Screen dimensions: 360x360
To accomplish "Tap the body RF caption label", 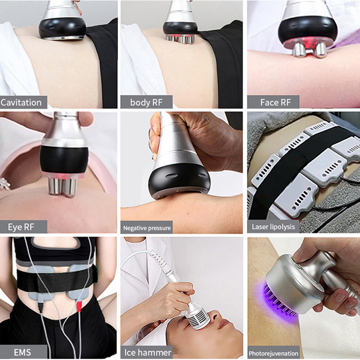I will [146, 102].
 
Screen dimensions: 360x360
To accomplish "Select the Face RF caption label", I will [275, 102].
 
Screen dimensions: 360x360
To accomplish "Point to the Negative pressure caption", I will [147, 228].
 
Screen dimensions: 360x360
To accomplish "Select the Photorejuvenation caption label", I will [274, 353].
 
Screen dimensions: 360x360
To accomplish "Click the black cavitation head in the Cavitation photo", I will [63, 27].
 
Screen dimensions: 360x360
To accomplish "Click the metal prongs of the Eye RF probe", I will [62, 185].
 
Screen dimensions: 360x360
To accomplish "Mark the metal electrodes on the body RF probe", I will [180, 39].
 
